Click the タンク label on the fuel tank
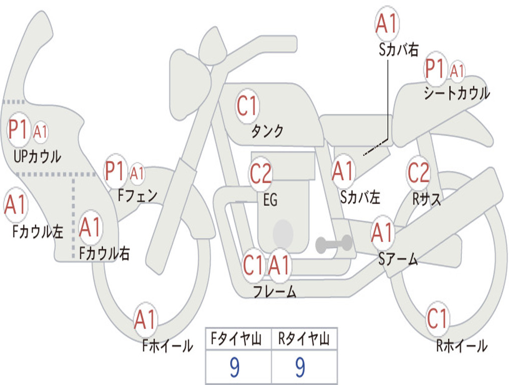point(267,131)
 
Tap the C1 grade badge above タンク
point(247,106)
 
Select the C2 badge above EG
point(261,173)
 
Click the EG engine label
point(270,200)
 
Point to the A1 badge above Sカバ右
point(387,24)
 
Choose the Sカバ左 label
point(360,197)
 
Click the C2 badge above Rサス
point(418,172)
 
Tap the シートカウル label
point(457,93)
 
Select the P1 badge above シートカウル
point(435,69)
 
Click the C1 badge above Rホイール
point(437,318)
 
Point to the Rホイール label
point(461,346)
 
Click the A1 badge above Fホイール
point(145,319)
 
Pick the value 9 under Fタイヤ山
point(235,367)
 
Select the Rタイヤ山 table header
point(304,339)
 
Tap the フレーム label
point(275,291)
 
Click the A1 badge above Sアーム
point(382,232)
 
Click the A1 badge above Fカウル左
point(16,205)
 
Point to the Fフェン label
point(137,196)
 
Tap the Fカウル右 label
point(105,253)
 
